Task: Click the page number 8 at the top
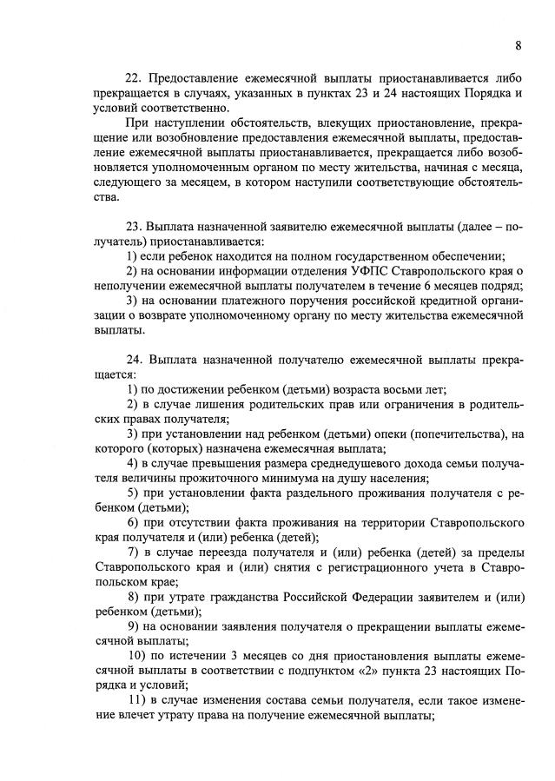pos(518,44)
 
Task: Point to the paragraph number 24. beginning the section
pos(136,358)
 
